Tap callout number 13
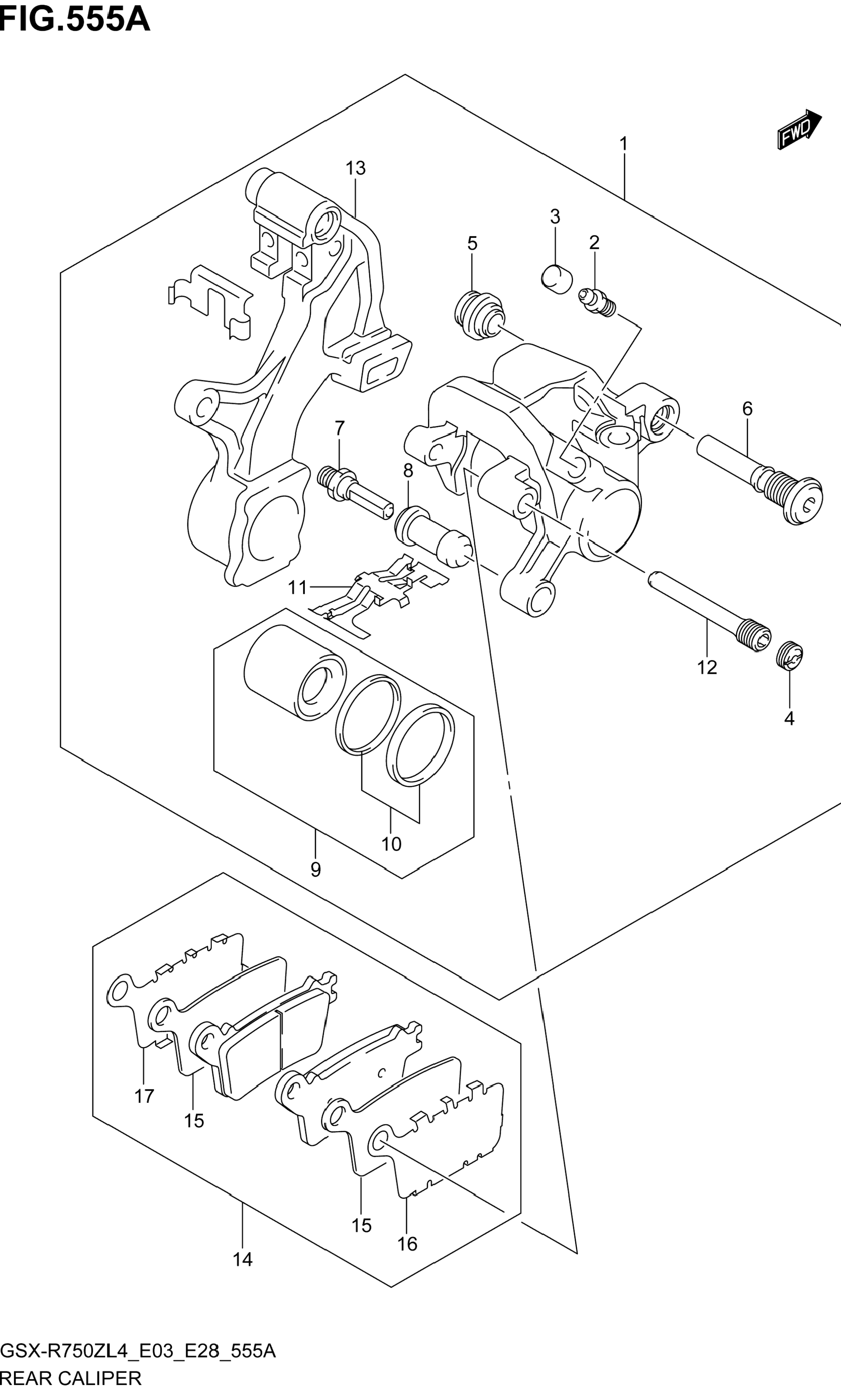tap(356, 168)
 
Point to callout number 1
tap(624, 144)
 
